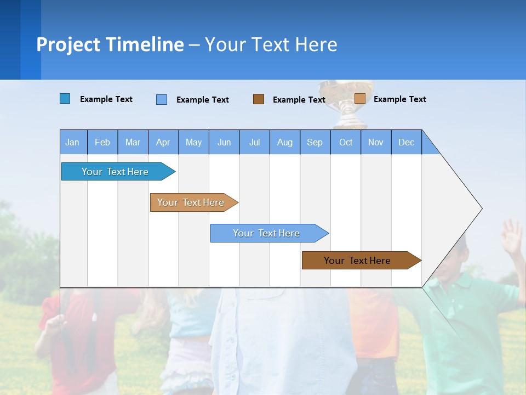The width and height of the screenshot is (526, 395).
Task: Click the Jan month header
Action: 73,142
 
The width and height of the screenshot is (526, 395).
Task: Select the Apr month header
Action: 163,142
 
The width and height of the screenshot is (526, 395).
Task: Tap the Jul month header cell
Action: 254,142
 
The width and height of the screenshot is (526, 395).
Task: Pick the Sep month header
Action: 315,142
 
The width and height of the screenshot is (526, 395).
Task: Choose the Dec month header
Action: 406,142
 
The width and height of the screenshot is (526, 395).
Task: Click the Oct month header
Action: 346,142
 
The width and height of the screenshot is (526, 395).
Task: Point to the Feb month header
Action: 102,142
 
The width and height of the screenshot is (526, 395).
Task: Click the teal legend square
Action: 65,99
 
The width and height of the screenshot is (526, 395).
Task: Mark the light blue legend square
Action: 162,99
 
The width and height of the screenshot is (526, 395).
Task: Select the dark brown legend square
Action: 259,99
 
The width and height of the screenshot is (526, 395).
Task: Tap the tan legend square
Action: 360,99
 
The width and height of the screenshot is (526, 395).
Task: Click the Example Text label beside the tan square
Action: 399,99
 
